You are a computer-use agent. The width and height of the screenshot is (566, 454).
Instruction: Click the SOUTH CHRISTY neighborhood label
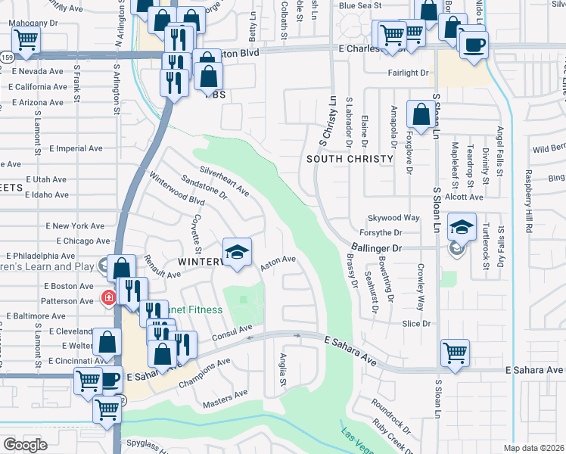coord(350,159)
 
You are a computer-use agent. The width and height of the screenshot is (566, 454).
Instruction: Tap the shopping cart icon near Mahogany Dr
coord(26,41)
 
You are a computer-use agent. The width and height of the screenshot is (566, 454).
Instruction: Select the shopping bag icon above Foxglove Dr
coord(421,115)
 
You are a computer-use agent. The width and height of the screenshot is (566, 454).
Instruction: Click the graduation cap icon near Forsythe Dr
coord(460,225)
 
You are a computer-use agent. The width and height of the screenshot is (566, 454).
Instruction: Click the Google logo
coord(25,445)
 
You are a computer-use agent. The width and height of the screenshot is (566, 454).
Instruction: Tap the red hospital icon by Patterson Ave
coord(109,297)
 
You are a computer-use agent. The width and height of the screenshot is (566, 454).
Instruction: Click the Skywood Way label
coord(393,218)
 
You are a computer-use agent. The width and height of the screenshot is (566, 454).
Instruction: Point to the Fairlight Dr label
coord(408,73)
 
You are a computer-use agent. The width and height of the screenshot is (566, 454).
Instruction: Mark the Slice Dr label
coord(416,323)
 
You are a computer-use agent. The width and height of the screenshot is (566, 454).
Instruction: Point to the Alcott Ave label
coord(468,197)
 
